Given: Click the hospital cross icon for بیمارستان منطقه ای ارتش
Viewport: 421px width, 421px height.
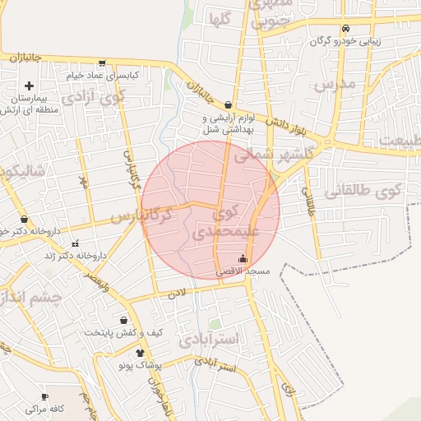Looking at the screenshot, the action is (30, 86).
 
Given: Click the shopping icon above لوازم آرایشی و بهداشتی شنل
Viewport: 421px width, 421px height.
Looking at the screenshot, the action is (228, 104).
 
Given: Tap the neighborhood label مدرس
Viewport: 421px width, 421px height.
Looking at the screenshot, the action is (334, 84).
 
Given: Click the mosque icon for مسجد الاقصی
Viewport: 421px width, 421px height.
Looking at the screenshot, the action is (242, 260).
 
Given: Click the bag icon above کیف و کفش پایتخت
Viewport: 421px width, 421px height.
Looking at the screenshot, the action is (123, 321).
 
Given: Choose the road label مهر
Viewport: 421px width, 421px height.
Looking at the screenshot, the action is (82, 180).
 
